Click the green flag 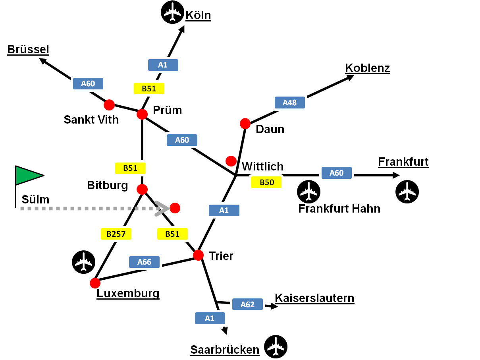[28, 175]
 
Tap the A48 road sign [290, 103]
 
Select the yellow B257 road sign [116, 234]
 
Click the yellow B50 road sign [266, 182]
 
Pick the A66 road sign [145, 262]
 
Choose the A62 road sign [247, 304]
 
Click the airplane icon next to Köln [172, 13]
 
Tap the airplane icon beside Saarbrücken [276, 347]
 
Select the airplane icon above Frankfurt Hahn [308, 191]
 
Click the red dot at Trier [198, 255]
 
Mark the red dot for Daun [245, 124]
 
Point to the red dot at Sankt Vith [109, 105]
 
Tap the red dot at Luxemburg [95, 283]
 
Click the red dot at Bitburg [142, 189]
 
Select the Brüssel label [28, 49]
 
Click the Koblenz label [367, 68]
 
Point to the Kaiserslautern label [314, 298]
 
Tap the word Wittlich [262, 166]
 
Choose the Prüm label [167, 110]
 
